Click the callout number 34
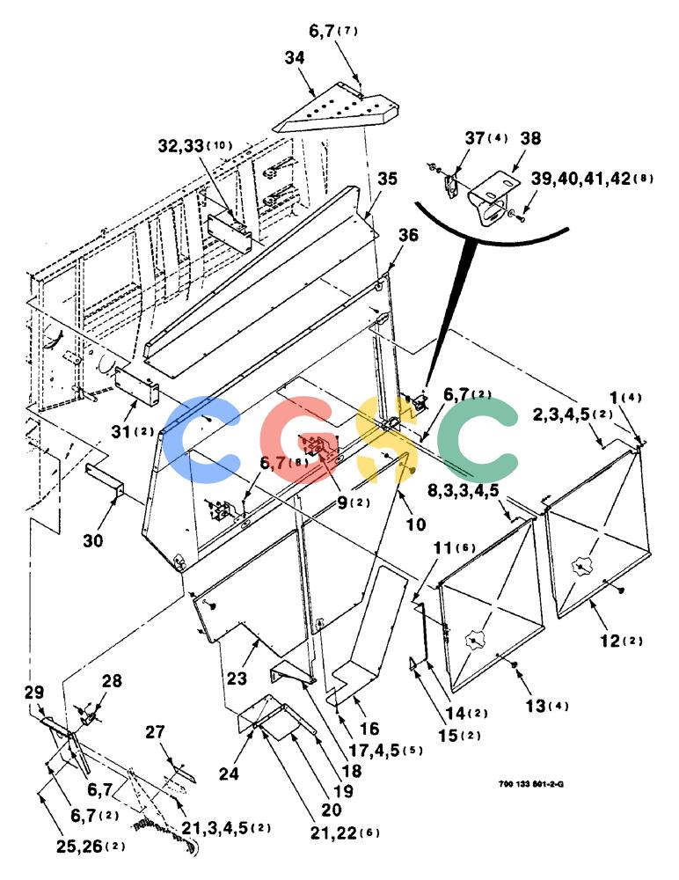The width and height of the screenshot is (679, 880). [x=295, y=58]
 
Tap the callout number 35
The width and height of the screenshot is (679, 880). [x=387, y=179]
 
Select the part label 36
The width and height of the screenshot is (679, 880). [x=408, y=235]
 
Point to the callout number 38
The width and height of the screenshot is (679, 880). [x=530, y=138]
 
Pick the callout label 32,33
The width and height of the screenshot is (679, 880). [x=180, y=146]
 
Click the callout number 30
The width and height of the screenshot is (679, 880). [x=94, y=540]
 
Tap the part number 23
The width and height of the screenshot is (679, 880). [x=237, y=678]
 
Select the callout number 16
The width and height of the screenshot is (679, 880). [x=369, y=729]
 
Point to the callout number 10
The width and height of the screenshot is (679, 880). [x=416, y=524]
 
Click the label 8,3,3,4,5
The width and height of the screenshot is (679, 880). [x=463, y=490]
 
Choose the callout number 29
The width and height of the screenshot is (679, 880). [x=34, y=692]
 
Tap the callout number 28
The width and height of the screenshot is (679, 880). [x=112, y=681]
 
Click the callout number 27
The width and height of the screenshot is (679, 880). [x=156, y=732]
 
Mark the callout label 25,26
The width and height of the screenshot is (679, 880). [x=78, y=847]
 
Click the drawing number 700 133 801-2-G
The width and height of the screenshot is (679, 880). [x=531, y=784]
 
